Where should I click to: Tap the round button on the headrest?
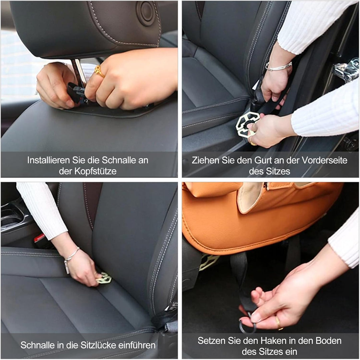pyautogui.click(x=146, y=13)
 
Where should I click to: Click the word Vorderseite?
pyautogui.click(x=324, y=160)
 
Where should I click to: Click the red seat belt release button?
pyautogui.click(x=39, y=238)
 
